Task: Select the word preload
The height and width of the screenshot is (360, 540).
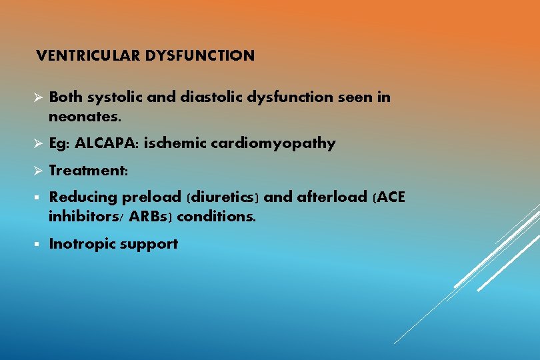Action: point(152,197)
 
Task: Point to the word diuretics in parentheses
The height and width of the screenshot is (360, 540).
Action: point(223,197)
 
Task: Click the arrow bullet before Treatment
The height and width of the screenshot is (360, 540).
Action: point(38,171)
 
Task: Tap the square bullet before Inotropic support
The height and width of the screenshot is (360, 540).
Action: point(38,245)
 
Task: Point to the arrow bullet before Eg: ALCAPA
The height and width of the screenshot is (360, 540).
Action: point(38,143)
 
